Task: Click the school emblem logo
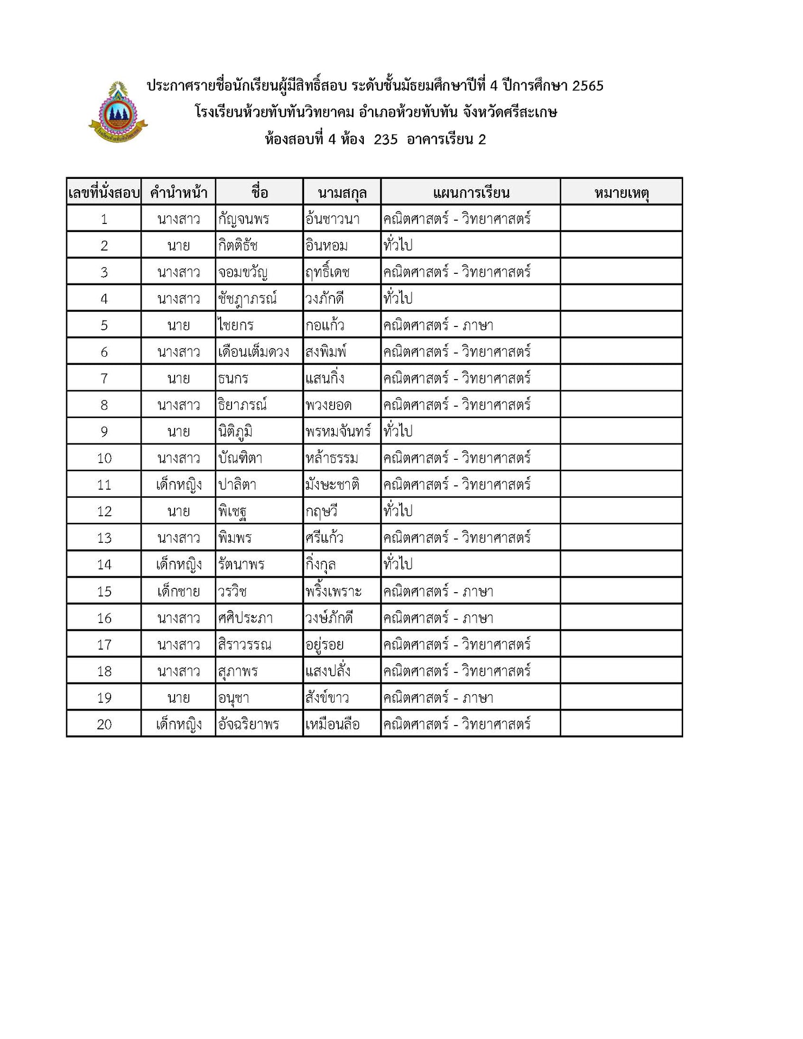pyautogui.click(x=118, y=113)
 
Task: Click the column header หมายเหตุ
pyautogui.click(x=621, y=193)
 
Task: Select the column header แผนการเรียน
pyautogui.click(x=471, y=193)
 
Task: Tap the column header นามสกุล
pyautogui.click(x=342, y=193)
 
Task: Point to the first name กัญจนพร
pyautogui.click(x=243, y=219)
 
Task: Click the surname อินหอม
pyautogui.click(x=326, y=246)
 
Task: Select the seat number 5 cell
pyautogui.click(x=104, y=325)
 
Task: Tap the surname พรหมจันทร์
pyautogui.click(x=338, y=432)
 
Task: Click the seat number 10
pyautogui.click(x=104, y=458)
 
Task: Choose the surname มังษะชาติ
pyautogui.click(x=332, y=485)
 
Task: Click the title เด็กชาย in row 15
pyautogui.click(x=178, y=591)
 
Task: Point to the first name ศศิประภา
pyautogui.click(x=245, y=618)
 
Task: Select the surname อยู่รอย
pyautogui.click(x=324, y=645)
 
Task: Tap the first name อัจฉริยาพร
pyautogui.click(x=248, y=724)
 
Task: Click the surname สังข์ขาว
pyautogui.click(x=327, y=698)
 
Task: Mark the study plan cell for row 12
pyautogui.click(x=470, y=511)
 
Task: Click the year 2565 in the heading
pyautogui.click(x=588, y=86)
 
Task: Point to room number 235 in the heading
pyautogui.click(x=386, y=139)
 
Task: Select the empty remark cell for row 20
pyautogui.click(x=621, y=724)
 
